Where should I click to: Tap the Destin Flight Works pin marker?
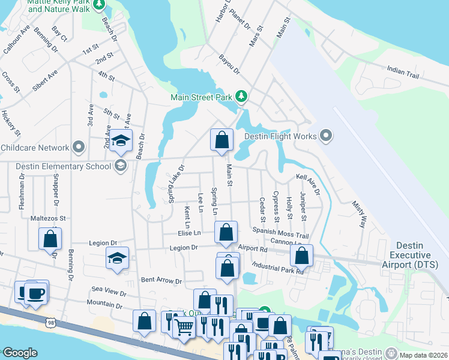(x=326, y=136)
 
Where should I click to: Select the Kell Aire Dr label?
(x=308, y=184)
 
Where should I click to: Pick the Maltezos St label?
(x=48, y=219)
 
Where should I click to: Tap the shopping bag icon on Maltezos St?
(x=50, y=238)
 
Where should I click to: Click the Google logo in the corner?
(x=19, y=353)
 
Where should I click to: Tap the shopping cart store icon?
(x=184, y=327)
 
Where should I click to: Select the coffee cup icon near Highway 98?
(x=36, y=293)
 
